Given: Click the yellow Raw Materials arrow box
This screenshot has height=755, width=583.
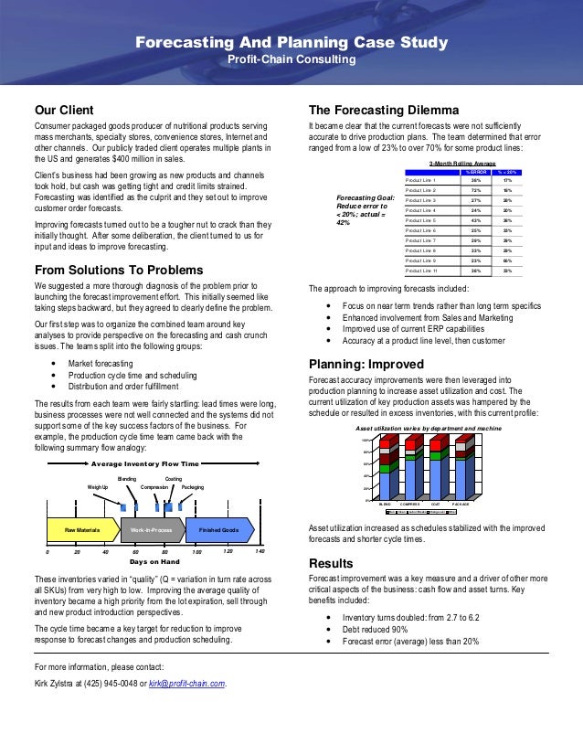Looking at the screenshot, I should pyautogui.click(x=81, y=529).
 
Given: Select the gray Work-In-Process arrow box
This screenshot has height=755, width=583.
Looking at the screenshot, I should pyautogui.click(x=152, y=529).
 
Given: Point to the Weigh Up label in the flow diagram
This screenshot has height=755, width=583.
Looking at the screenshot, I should pyautogui.click(x=98, y=487).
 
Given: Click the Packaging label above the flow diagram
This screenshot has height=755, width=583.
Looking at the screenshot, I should pyautogui.click(x=193, y=487).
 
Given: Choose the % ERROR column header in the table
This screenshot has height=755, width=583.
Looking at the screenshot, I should pyautogui.click(x=475, y=171).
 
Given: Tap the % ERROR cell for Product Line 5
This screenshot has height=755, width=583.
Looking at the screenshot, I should pyautogui.click(x=475, y=220).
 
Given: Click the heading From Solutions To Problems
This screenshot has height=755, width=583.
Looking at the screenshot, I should pyautogui.click(x=119, y=271).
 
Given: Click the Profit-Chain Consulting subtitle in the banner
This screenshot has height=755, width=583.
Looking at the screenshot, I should pyautogui.click(x=291, y=59).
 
